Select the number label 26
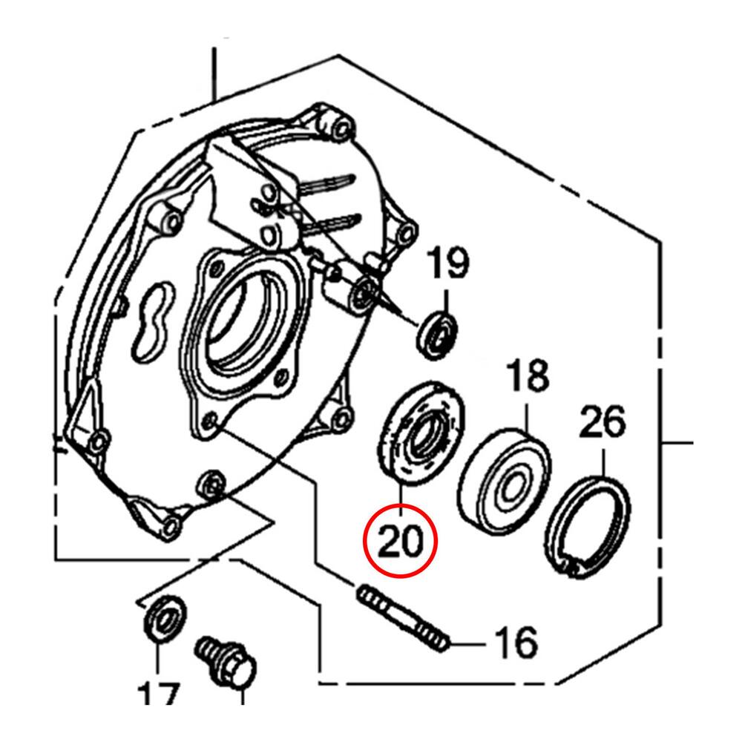pos(602,423)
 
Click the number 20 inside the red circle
pos(401,541)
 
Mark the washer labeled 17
pos(163,615)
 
